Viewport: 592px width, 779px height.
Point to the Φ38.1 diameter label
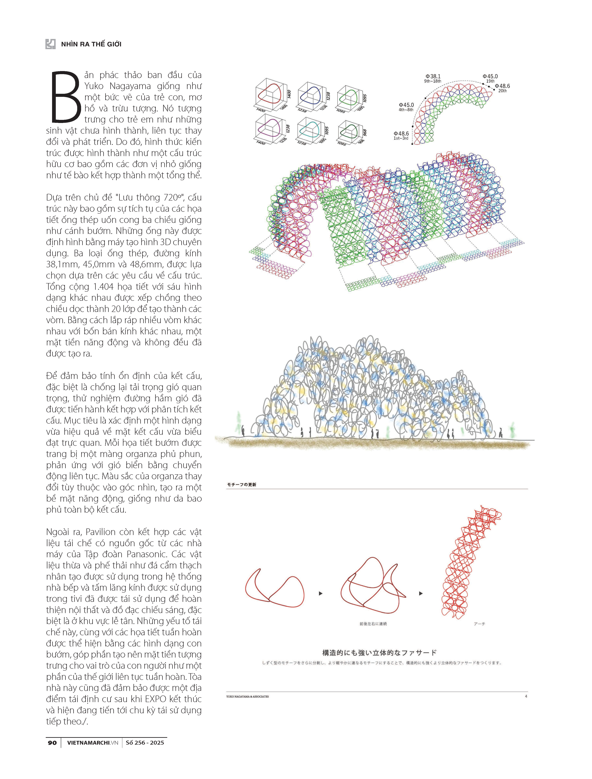tap(433, 76)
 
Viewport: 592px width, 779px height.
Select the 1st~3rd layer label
tap(401, 138)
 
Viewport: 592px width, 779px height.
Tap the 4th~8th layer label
tap(406, 110)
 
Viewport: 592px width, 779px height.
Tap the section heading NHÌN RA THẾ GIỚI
tap(91, 44)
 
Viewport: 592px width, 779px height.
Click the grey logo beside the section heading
tap(50, 44)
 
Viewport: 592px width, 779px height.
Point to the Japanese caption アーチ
tap(479, 624)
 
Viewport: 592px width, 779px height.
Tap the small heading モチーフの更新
tap(242, 485)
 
